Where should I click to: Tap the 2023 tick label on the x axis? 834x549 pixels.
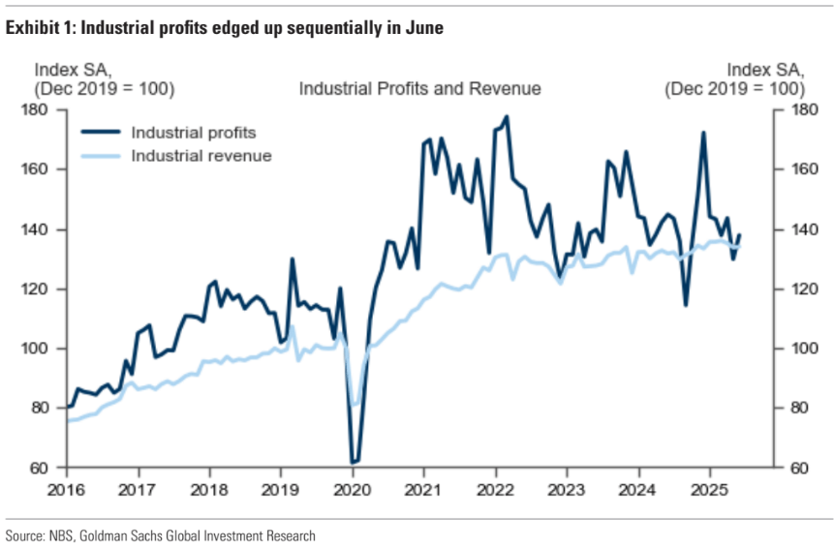click(567, 491)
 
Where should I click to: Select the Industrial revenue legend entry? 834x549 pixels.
click(201, 155)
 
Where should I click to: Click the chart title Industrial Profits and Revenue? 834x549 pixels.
click(419, 89)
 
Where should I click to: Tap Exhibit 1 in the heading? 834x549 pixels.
click(38, 29)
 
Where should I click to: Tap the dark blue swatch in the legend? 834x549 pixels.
click(100, 133)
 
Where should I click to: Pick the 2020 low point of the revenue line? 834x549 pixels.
click(355, 404)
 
